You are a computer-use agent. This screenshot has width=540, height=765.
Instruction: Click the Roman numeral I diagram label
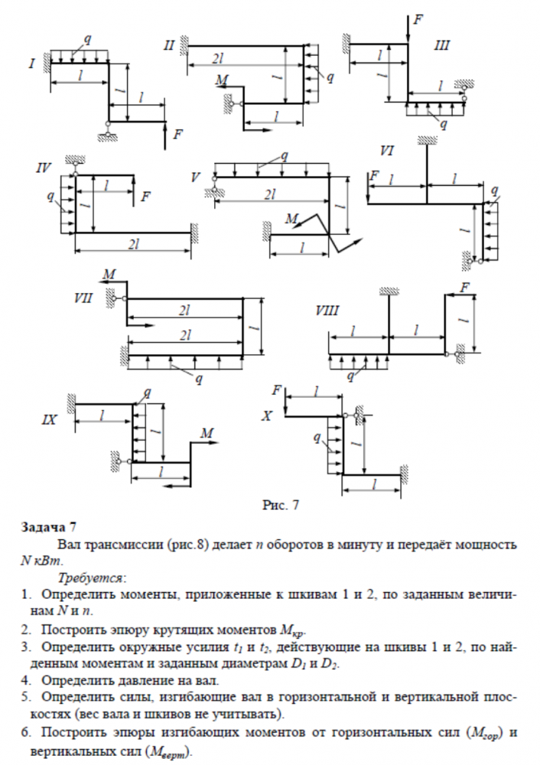31,63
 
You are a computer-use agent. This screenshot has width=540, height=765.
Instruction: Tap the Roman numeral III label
441,45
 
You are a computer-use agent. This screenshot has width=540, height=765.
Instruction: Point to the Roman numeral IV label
44,168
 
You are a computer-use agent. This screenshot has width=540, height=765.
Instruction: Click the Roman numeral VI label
386,151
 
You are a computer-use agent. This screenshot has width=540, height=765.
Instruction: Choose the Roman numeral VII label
84,298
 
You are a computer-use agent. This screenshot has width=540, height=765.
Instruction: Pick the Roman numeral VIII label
327,311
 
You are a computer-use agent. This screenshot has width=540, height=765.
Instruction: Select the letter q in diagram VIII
351,376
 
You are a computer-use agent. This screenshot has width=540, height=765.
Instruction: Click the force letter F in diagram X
277,389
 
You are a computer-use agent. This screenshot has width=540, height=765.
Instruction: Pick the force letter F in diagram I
177,135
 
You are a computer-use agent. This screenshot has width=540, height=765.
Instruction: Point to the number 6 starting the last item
25,732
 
